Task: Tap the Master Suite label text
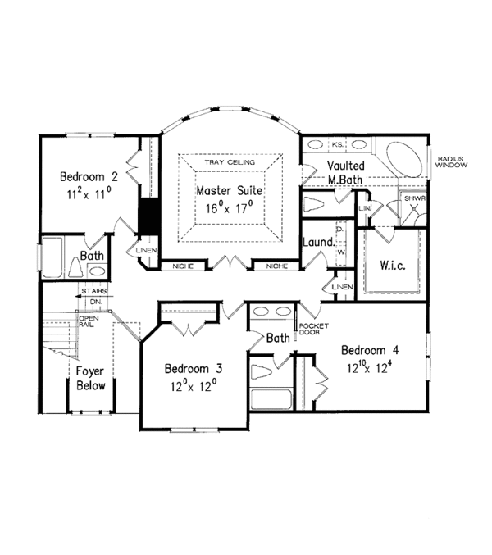coord(229,190)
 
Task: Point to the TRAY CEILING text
coord(230,162)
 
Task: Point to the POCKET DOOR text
coord(308,329)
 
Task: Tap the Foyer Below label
coord(91,378)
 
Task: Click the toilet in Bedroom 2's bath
coord(75,269)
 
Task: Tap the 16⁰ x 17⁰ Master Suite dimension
coord(229,208)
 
